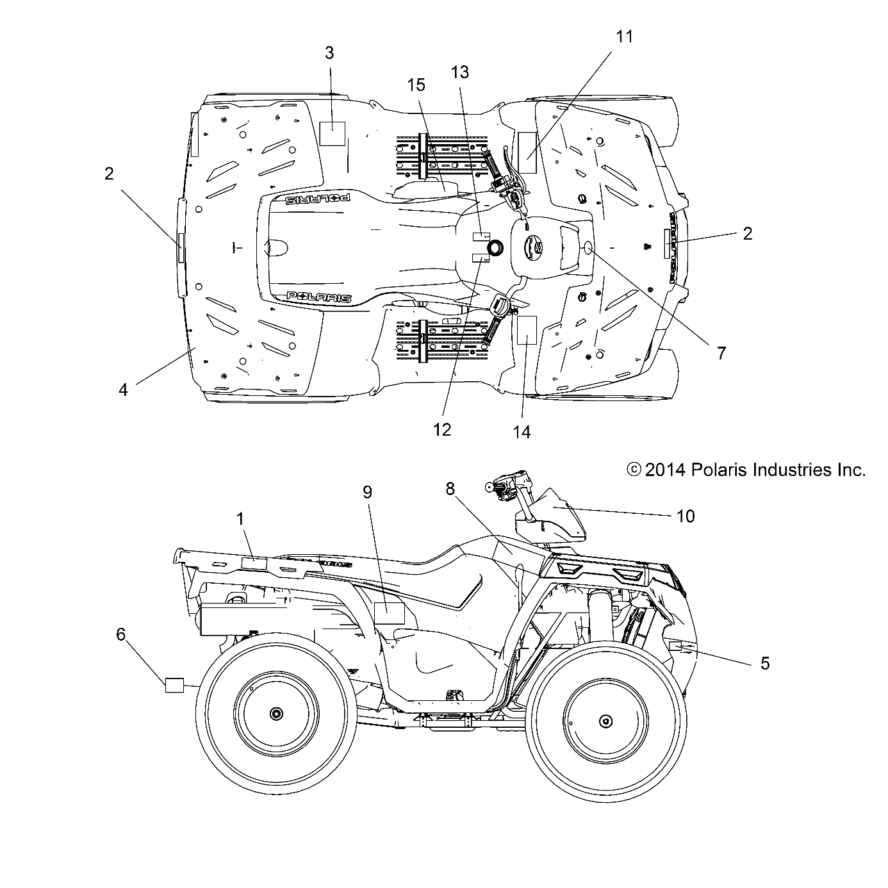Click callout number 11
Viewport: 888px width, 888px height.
pos(623,37)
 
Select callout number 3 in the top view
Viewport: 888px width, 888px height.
pos(329,53)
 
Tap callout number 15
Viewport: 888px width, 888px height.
pos(416,85)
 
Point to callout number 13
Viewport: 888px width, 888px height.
pos(460,72)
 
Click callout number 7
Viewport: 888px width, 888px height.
pos(721,352)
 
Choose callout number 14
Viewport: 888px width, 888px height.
pos(522,432)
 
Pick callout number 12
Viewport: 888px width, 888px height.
pos(442,429)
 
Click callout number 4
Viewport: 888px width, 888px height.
pos(123,389)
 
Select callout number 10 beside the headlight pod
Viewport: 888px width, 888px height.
pos(686,516)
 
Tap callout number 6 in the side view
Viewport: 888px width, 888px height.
pos(121,634)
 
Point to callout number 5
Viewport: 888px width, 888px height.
pos(764,663)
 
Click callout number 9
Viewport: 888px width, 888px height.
pos(367,492)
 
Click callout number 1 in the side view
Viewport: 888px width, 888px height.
pos(241,519)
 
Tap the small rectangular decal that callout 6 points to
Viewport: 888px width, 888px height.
pos(174,685)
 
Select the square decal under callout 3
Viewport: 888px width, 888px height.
pos(332,134)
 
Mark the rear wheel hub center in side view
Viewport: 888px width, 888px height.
pos(277,714)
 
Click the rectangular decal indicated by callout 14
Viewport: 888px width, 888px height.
pos(526,330)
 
